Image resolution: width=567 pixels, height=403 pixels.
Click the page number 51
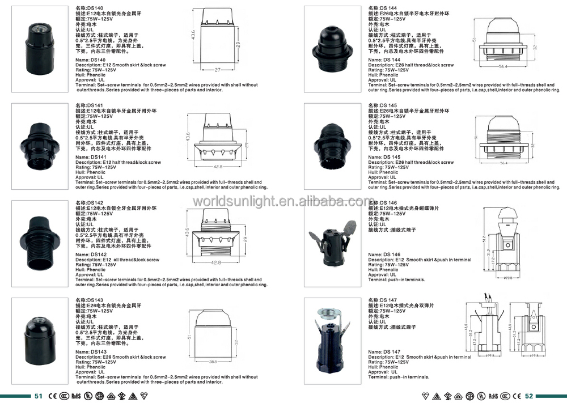pos(39,396)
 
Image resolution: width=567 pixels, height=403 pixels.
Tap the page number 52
pos(529,396)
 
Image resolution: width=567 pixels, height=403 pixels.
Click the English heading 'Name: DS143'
pos(91,352)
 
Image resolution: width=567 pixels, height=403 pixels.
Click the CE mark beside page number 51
pos(51,396)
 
